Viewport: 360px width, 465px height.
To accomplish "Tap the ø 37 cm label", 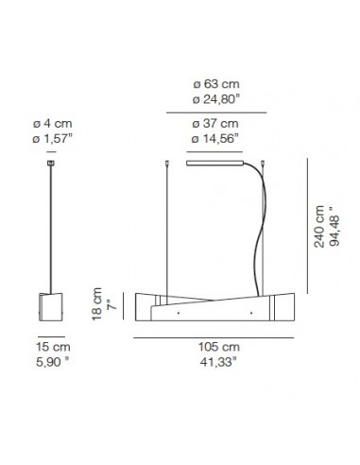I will coord(214,124).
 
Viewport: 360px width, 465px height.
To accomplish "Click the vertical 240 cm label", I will coord(321,228).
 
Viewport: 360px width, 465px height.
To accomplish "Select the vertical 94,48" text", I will coord(337,228).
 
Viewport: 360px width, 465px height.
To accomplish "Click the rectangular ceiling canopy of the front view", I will coord(214,163).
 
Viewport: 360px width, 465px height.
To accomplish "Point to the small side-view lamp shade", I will coord(51,306).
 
